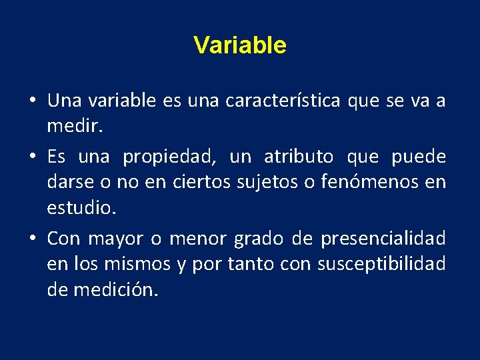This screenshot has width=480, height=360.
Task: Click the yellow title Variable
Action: click(240, 45)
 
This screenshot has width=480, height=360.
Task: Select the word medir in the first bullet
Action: click(69, 126)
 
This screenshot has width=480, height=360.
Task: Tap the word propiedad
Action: click(170, 157)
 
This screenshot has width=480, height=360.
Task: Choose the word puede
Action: click(419, 157)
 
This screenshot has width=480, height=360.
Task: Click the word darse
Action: click(67, 182)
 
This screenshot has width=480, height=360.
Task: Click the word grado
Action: click(255, 239)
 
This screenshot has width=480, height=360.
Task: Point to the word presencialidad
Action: click(383, 239)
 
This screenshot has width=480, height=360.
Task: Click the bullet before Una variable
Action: click(32, 102)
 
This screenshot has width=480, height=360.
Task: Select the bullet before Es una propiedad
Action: click(32, 158)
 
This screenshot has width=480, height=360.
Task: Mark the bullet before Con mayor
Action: click(32, 239)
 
